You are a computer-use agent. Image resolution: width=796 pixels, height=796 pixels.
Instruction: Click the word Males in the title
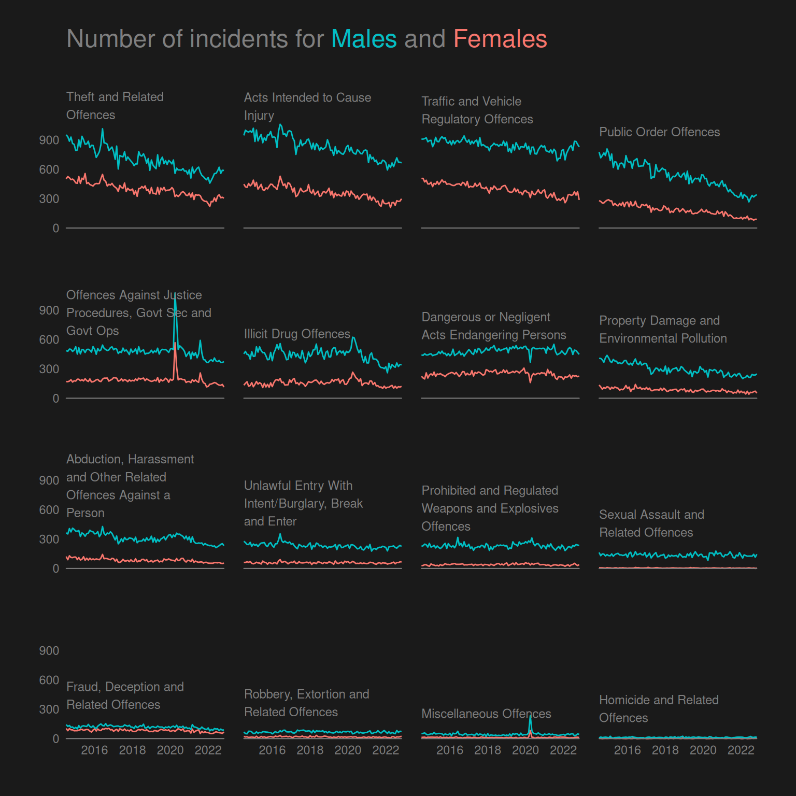364,39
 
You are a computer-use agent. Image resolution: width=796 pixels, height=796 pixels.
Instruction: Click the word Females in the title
500,39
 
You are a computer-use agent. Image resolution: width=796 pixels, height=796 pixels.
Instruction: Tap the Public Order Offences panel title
659,132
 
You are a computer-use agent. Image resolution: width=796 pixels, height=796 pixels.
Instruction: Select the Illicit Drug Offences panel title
297,334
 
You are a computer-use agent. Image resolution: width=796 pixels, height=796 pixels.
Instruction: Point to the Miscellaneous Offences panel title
486,714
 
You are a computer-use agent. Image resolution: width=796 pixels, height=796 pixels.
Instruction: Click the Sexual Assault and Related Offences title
651,523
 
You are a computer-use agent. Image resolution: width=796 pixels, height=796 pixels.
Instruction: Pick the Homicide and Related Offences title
659,709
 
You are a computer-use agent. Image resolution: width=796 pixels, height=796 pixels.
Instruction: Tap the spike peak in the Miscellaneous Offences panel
530,716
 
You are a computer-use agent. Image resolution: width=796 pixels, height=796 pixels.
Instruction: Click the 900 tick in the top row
49,140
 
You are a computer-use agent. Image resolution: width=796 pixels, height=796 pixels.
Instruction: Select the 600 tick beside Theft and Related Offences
49,169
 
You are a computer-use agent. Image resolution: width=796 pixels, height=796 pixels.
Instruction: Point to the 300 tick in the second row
49,369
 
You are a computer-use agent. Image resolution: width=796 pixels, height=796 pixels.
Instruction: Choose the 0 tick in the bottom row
55,738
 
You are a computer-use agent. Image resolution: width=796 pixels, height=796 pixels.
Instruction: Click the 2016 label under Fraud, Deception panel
94,750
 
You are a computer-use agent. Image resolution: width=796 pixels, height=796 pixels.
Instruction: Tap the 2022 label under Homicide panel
741,750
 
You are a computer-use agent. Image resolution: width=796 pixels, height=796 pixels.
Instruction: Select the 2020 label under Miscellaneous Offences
525,750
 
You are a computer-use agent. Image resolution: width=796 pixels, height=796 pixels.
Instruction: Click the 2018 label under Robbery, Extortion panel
310,750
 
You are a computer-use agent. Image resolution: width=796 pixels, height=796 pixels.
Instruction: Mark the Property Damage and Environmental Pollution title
663,330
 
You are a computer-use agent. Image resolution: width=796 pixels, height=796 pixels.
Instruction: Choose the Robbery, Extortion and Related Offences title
306,703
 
